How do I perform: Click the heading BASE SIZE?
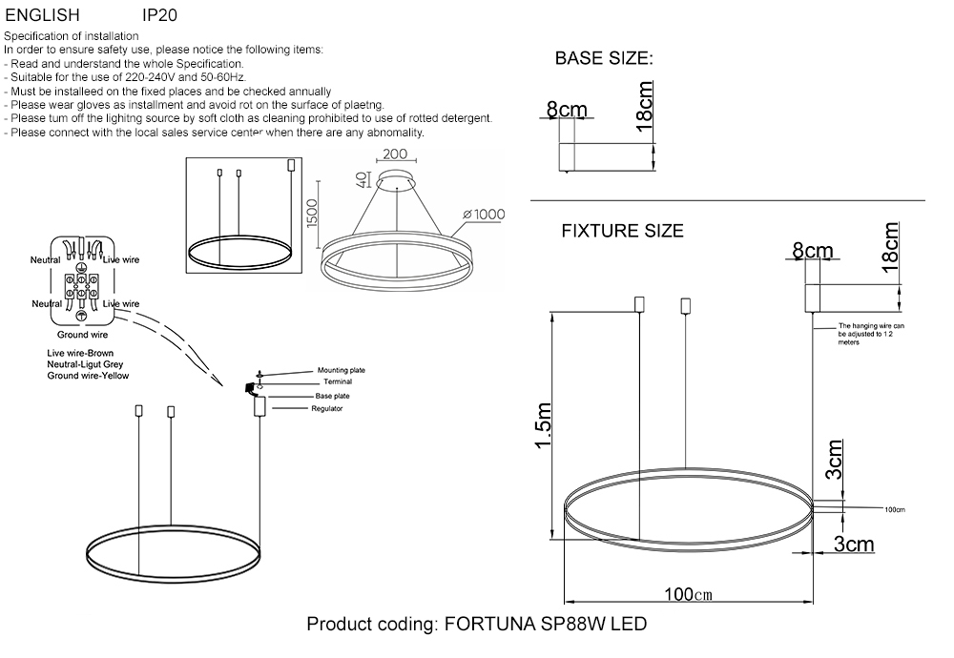pos(604,59)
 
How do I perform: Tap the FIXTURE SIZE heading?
pos(622,231)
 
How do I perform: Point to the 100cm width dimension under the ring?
pos(689,594)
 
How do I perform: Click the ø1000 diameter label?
pos(484,215)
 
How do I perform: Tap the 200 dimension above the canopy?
pos(395,154)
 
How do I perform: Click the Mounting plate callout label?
pos(341,370)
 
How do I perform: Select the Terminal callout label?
pos(338,381)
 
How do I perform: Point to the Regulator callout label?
pos(326,408)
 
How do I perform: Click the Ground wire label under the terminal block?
pos(82,335)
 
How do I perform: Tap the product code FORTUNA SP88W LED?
pos(476,626)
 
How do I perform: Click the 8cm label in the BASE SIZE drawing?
pos(567,111)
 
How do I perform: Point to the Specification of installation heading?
pos(72,36)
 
